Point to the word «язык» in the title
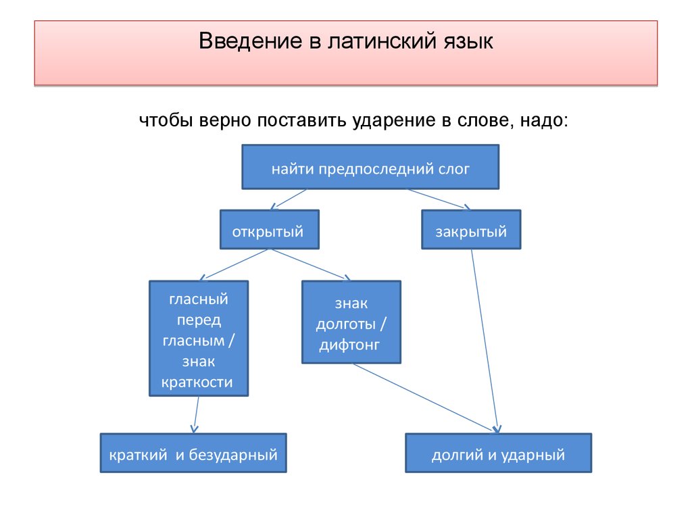(468, 42)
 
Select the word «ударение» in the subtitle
(393, 121)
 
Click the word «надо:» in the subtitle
(544, 121)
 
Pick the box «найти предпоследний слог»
(370, 167)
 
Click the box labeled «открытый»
(270, 230)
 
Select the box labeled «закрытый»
(471, 230)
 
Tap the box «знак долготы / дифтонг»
(351, 322)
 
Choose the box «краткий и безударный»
(193, 453)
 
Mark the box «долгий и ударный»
(499, 453)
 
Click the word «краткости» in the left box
(197, 382)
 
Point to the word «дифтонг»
(349, 345)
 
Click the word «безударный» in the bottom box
(233, 455)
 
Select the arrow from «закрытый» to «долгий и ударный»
(485, 341)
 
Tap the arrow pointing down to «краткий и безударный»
(196, 415)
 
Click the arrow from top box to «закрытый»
(439, 199)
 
